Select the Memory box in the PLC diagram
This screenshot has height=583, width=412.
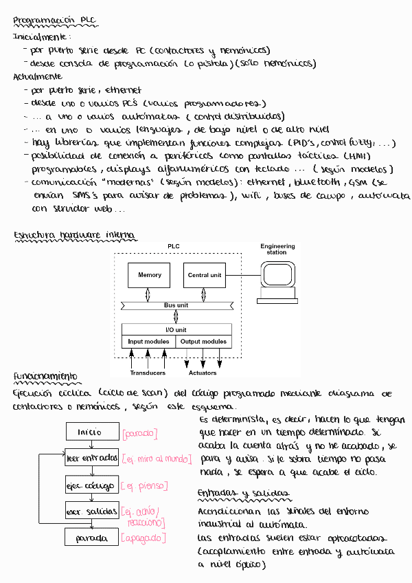[150, 275]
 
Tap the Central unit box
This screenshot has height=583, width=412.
[205, 275]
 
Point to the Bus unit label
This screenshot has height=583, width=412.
[176, 305]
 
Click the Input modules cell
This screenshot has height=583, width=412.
[148, 342]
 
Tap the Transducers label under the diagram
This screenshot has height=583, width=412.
[148, 373]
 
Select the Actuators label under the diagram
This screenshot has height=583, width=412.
[203, 373]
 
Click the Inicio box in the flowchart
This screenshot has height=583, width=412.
[90, 432]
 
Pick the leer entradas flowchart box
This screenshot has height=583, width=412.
[90, 458]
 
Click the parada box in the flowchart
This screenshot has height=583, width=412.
[90, 536]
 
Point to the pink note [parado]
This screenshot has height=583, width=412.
[140, 434]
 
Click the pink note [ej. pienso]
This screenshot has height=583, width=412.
[144, 485]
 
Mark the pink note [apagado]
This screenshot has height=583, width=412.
[144, 537]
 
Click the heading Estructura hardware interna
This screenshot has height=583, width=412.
[75, 236]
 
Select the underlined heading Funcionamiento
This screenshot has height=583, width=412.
[45, 377]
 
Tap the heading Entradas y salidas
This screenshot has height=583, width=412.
[242, 494]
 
